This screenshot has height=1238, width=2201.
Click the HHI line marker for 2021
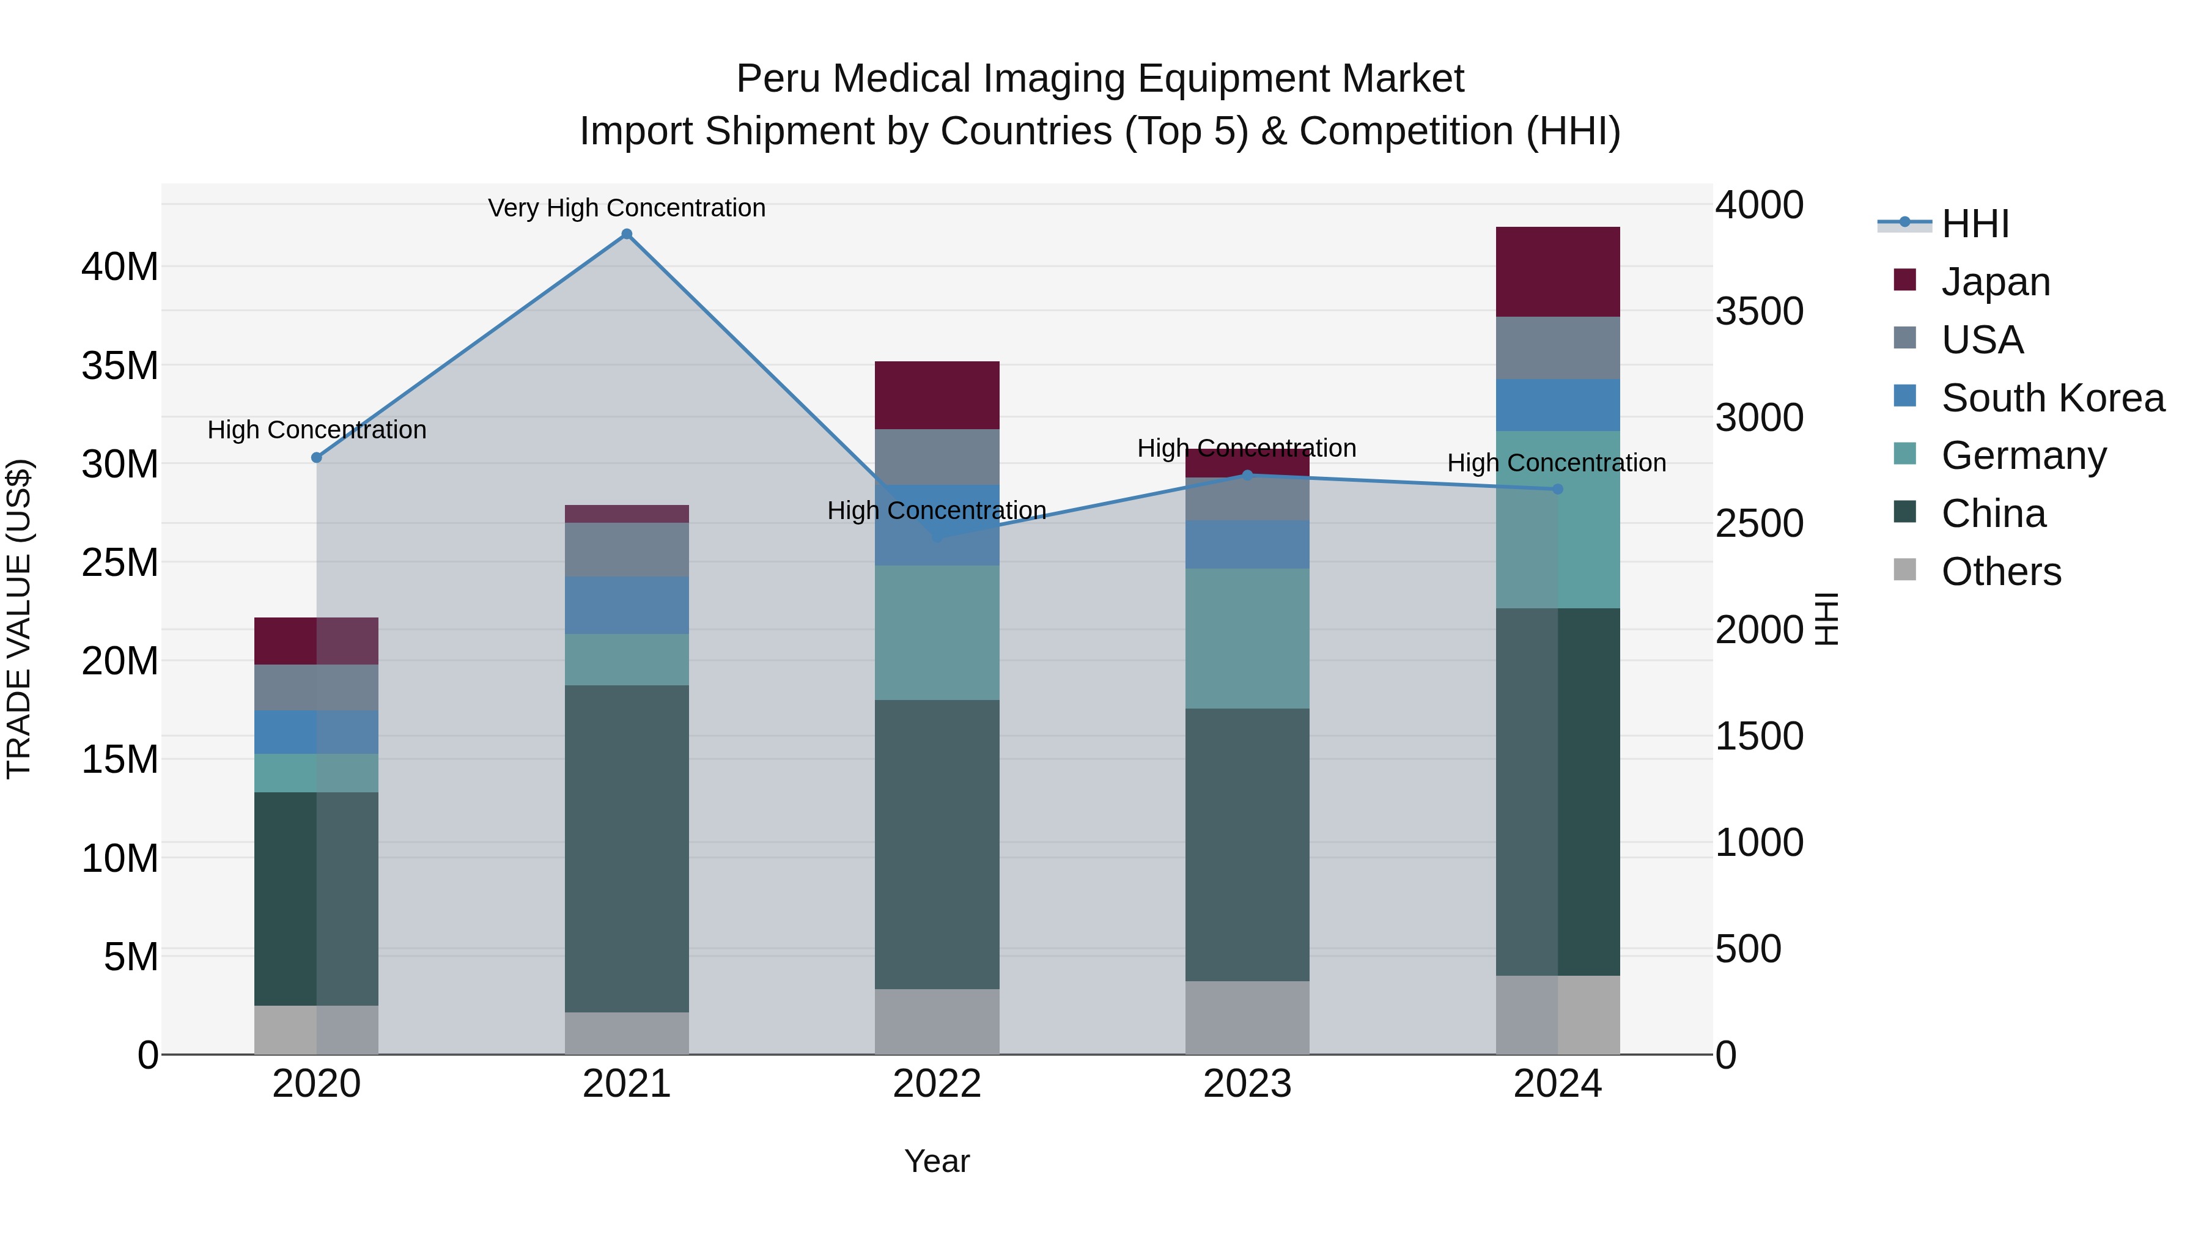tap(626, 234)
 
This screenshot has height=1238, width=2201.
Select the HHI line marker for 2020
tap(316, 458)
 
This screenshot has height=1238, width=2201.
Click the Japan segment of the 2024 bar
tap(1557, 271)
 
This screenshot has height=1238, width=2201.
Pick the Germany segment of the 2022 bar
tap(937, 632)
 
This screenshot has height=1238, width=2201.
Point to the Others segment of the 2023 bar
tap(1247, 1017)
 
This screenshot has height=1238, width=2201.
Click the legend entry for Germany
tap(2023, 455)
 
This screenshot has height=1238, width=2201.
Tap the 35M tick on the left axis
tap(120, 366)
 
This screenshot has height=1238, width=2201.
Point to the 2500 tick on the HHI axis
tap(1758, 524)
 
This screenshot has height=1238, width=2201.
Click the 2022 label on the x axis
tap(937, 1084)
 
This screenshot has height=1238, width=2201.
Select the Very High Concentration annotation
tap(626, 208)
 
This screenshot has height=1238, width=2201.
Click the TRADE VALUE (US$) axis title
tap(19, 619)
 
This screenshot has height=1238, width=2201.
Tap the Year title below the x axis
tap(937, 1161)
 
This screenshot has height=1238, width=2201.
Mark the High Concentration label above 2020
tap(316, 430)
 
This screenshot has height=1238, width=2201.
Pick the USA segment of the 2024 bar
tap(1557, 348)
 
